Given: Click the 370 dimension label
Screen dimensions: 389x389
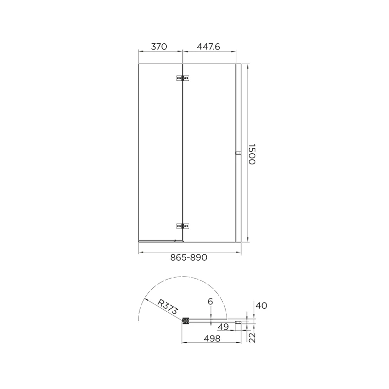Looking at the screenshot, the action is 159,46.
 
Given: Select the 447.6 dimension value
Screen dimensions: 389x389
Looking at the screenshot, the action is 209,46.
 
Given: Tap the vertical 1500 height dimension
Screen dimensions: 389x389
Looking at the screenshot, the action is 251,154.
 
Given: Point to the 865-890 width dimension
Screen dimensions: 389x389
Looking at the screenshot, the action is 189,258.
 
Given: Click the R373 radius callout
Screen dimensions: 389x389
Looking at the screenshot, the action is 168,307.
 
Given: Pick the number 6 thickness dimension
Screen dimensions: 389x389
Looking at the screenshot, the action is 211,301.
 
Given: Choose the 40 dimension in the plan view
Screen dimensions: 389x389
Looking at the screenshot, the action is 261,306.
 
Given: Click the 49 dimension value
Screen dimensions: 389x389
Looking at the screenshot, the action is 223,327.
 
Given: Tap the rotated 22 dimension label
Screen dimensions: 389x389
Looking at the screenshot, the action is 252,337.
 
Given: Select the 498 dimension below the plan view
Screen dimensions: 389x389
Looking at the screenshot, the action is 212,338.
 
